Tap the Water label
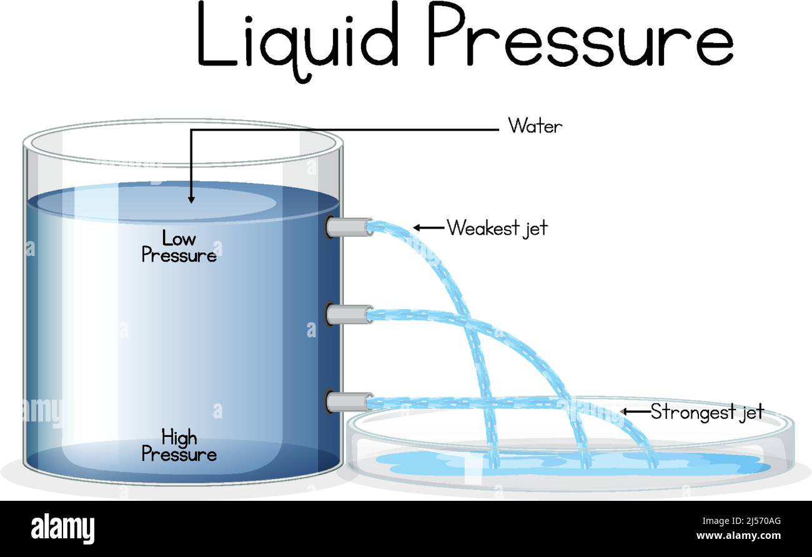pos(535,126)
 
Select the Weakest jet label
pos(497,228)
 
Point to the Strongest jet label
pos(706,412)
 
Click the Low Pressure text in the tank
pos(179,247)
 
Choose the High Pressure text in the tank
pos(179,445)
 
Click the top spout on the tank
pos(349,227)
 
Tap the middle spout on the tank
pos(349,314)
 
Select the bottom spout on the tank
pos(349,401)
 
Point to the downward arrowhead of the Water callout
pos(191,199)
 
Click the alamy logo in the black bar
pos(62,528)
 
